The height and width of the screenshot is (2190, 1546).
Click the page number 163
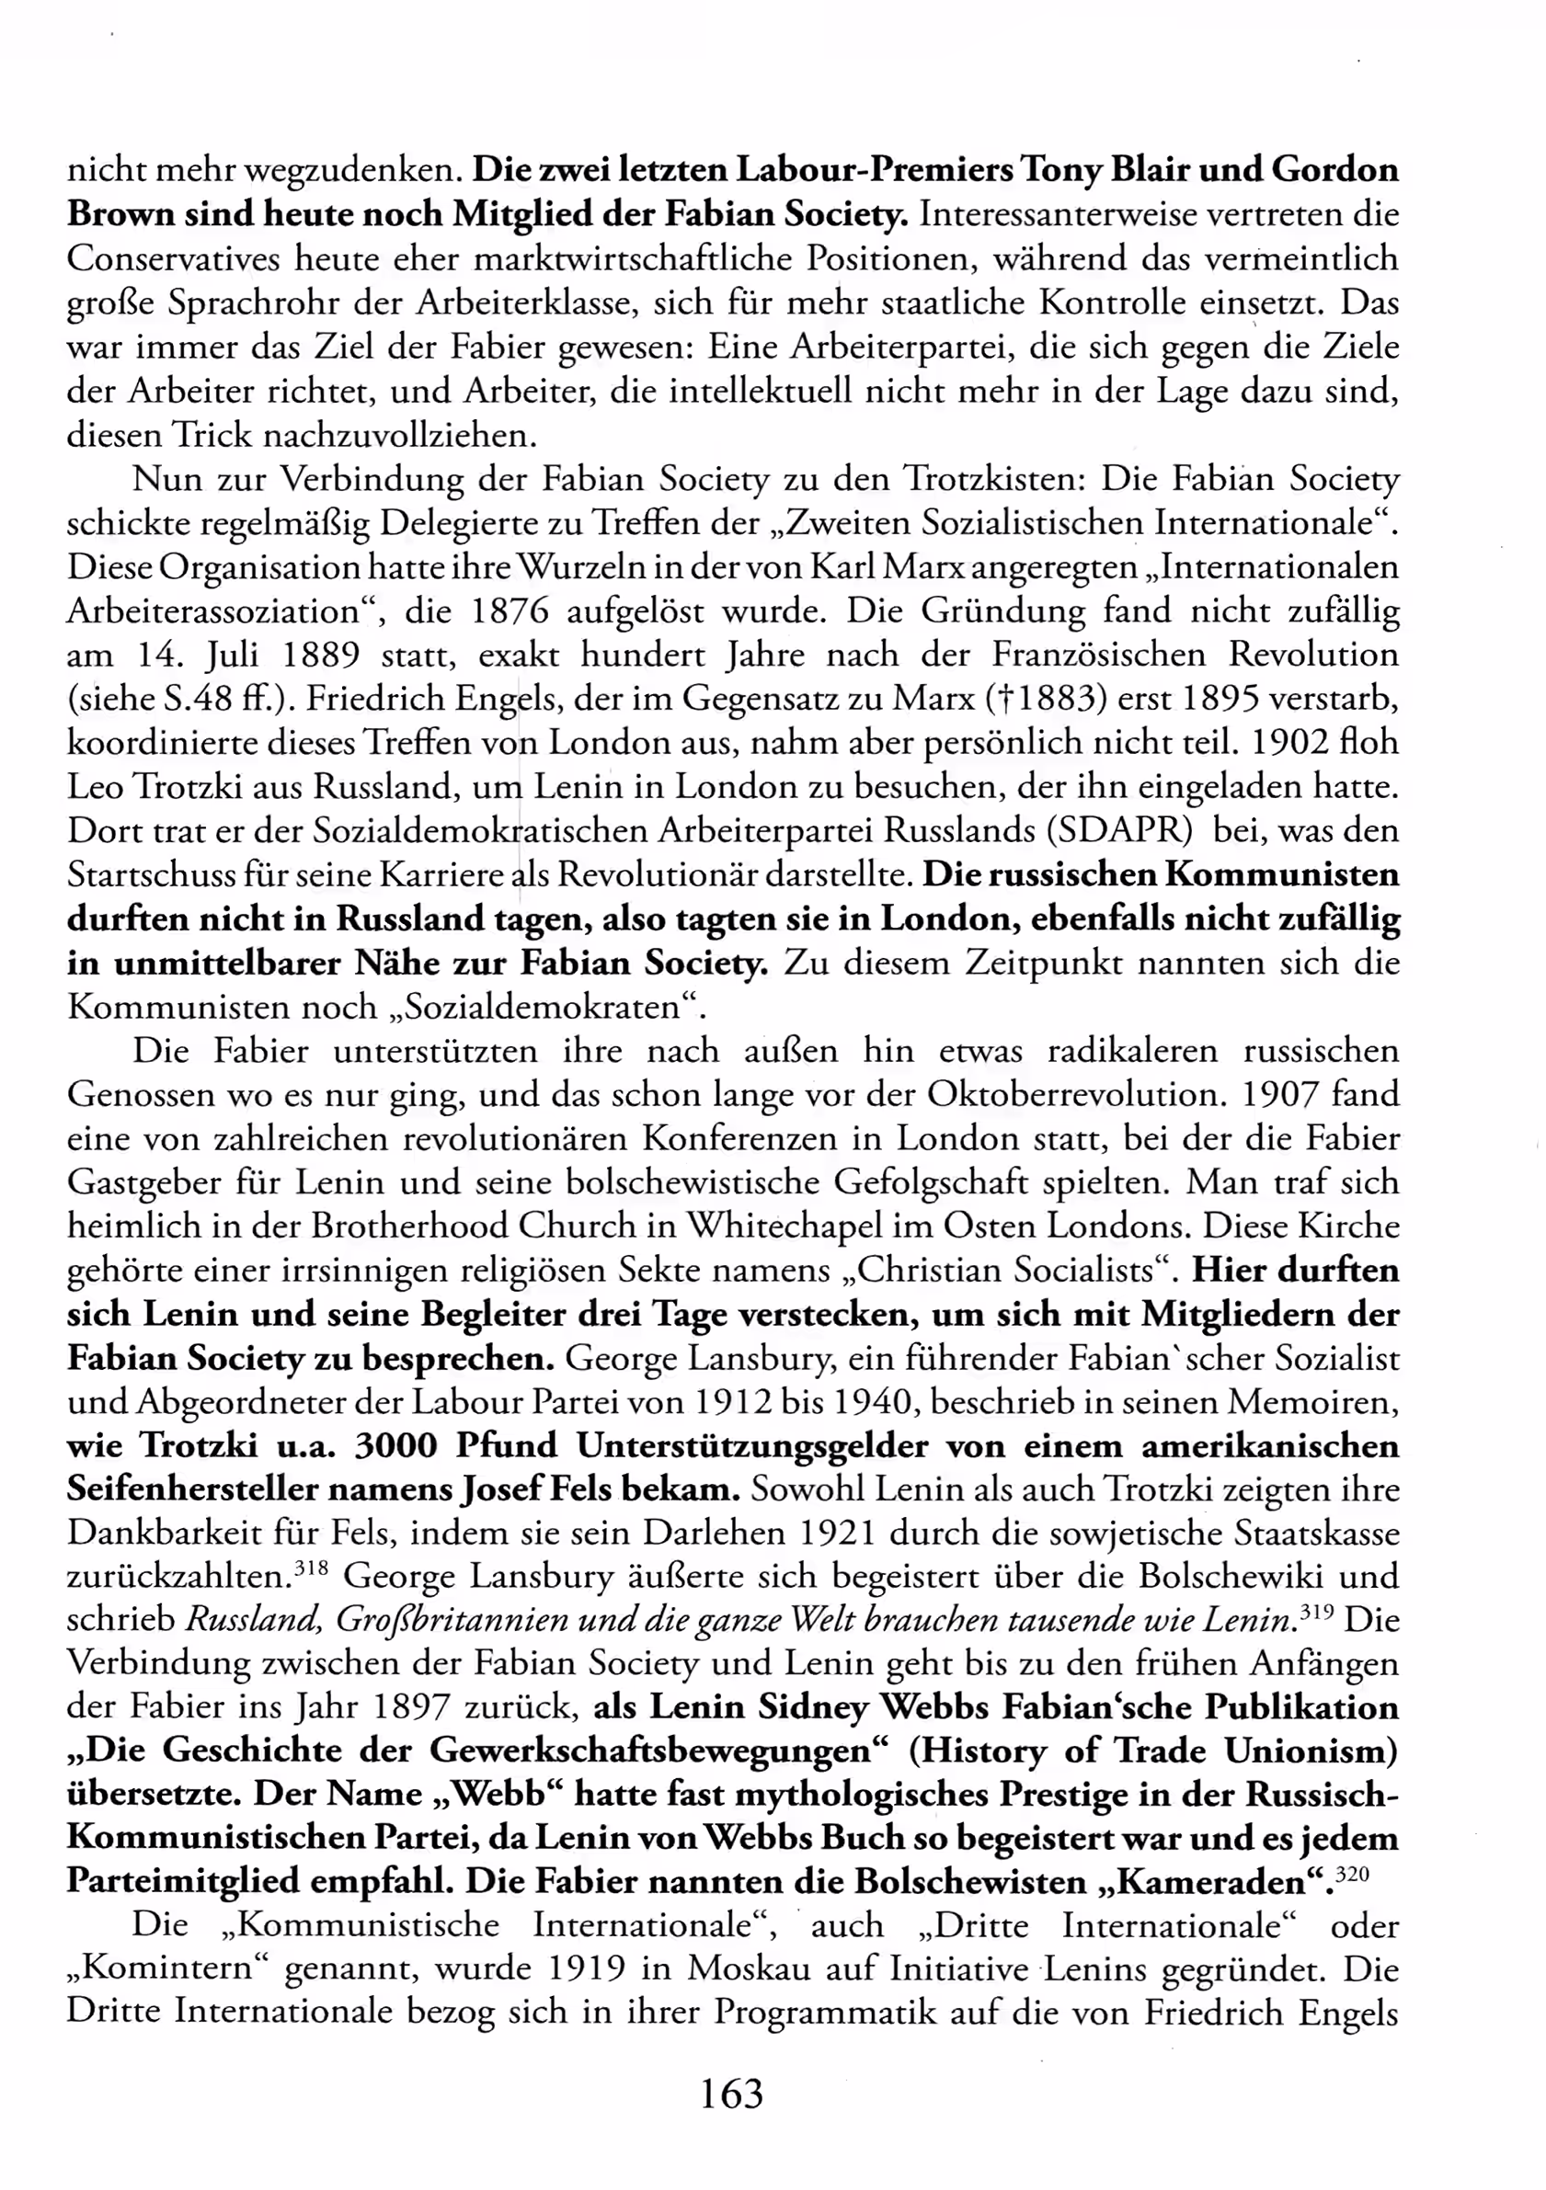(x=732, y=2093)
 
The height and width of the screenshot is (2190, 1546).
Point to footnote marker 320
(x=1352, y=1874)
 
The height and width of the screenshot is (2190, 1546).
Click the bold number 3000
(x=395, y=1446)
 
